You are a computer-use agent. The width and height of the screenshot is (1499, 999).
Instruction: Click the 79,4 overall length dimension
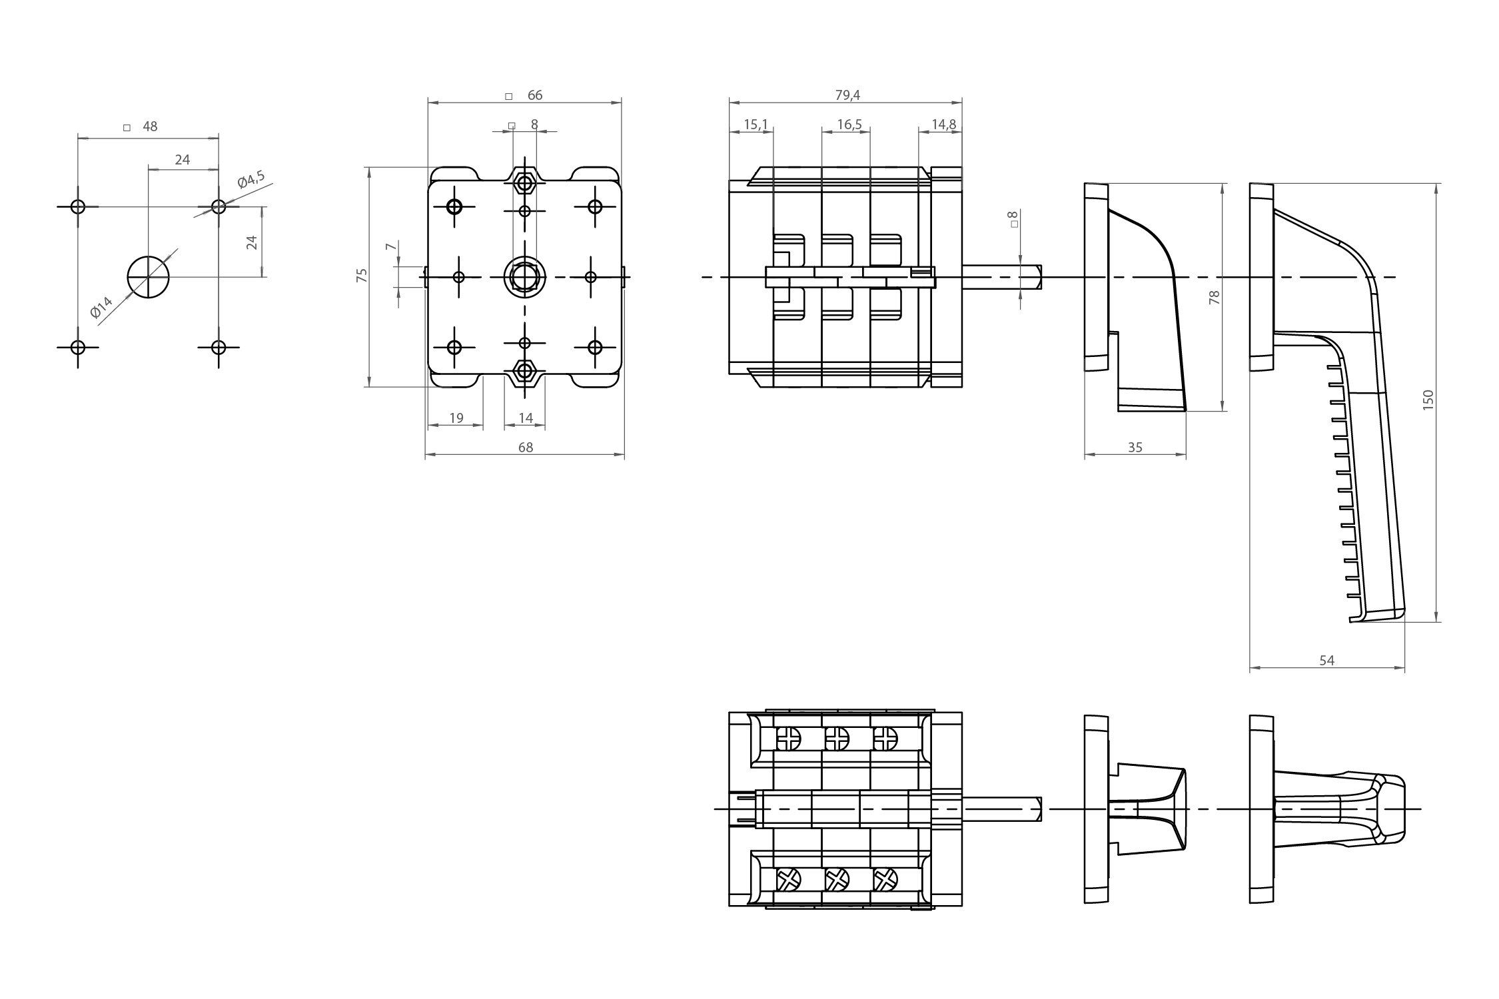coord(847,95)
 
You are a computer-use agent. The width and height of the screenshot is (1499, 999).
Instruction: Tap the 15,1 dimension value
coord(755,125)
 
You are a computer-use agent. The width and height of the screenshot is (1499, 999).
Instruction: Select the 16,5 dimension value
coord(849,125)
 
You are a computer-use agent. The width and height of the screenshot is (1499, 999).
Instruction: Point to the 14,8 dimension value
coord(943,125)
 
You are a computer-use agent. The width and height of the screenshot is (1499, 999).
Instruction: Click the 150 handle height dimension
coord(1427,400)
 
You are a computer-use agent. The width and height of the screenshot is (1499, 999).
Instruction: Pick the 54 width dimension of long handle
coord(1326,660)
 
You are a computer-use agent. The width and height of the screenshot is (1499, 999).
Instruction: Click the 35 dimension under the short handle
coord(1135,448)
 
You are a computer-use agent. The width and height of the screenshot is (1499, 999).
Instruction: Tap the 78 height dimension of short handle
coord(1214,297)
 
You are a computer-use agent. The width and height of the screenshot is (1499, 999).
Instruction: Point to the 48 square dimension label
coord(149,127)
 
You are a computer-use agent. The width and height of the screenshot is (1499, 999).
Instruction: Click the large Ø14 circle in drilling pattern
coord(148,277)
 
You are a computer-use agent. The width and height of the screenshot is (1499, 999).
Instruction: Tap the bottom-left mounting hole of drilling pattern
coord(78,347)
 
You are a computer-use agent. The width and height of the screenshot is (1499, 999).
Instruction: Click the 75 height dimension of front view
coord(362,275)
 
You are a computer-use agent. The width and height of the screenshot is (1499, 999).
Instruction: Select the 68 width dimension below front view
coord(525,448)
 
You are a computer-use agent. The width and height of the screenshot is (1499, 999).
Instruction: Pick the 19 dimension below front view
coord(456,418)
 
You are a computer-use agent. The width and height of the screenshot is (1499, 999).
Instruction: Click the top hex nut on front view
coord(525,182)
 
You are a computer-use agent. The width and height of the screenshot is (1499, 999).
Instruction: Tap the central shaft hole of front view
coord(525,276)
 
